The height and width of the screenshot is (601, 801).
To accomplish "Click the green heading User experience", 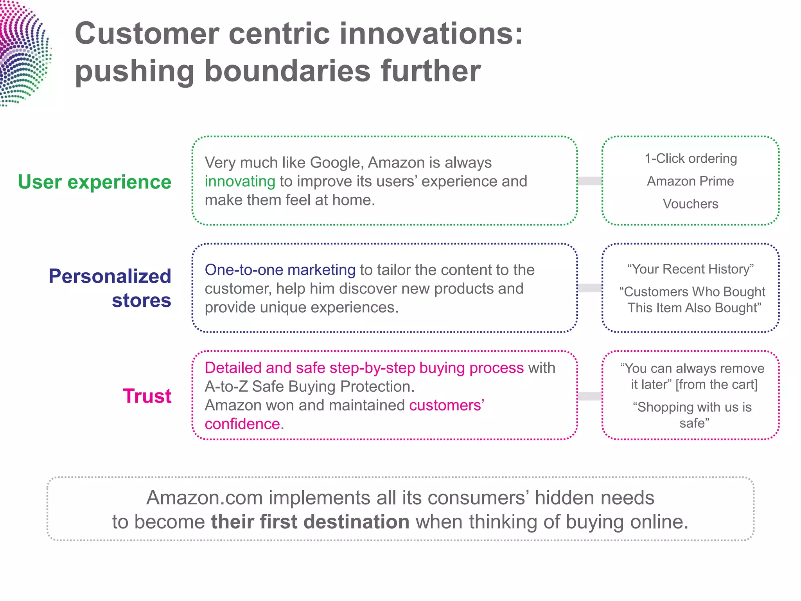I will pos(95,182).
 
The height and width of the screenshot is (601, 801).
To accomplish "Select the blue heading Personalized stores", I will pos(110,288).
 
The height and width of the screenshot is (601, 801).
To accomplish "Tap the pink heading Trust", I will pos(147,396).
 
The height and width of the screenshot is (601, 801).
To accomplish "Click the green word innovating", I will pos(240,182).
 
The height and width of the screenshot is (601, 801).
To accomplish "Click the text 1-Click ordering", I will pos(691,158).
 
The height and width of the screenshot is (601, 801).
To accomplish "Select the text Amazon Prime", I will pos(690,181).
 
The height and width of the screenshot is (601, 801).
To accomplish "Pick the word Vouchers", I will pos(690,204).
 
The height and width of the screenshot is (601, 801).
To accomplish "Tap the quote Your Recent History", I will pos(690,269).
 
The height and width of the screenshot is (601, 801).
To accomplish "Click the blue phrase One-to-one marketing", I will pos(280,270).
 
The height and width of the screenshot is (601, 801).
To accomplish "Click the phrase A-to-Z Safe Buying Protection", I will pos(309,387).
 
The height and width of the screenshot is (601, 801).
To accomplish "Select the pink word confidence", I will pos(242,424).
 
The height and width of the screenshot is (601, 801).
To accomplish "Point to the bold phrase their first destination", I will pos(310,522).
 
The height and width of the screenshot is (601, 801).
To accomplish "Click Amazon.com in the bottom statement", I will pos(205,498).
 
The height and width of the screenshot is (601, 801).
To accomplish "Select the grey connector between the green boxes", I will pos(590,181).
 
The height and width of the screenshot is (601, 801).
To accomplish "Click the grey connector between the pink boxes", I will pos(590,396).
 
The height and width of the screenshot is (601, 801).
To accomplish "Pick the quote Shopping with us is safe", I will pos(692,415).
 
